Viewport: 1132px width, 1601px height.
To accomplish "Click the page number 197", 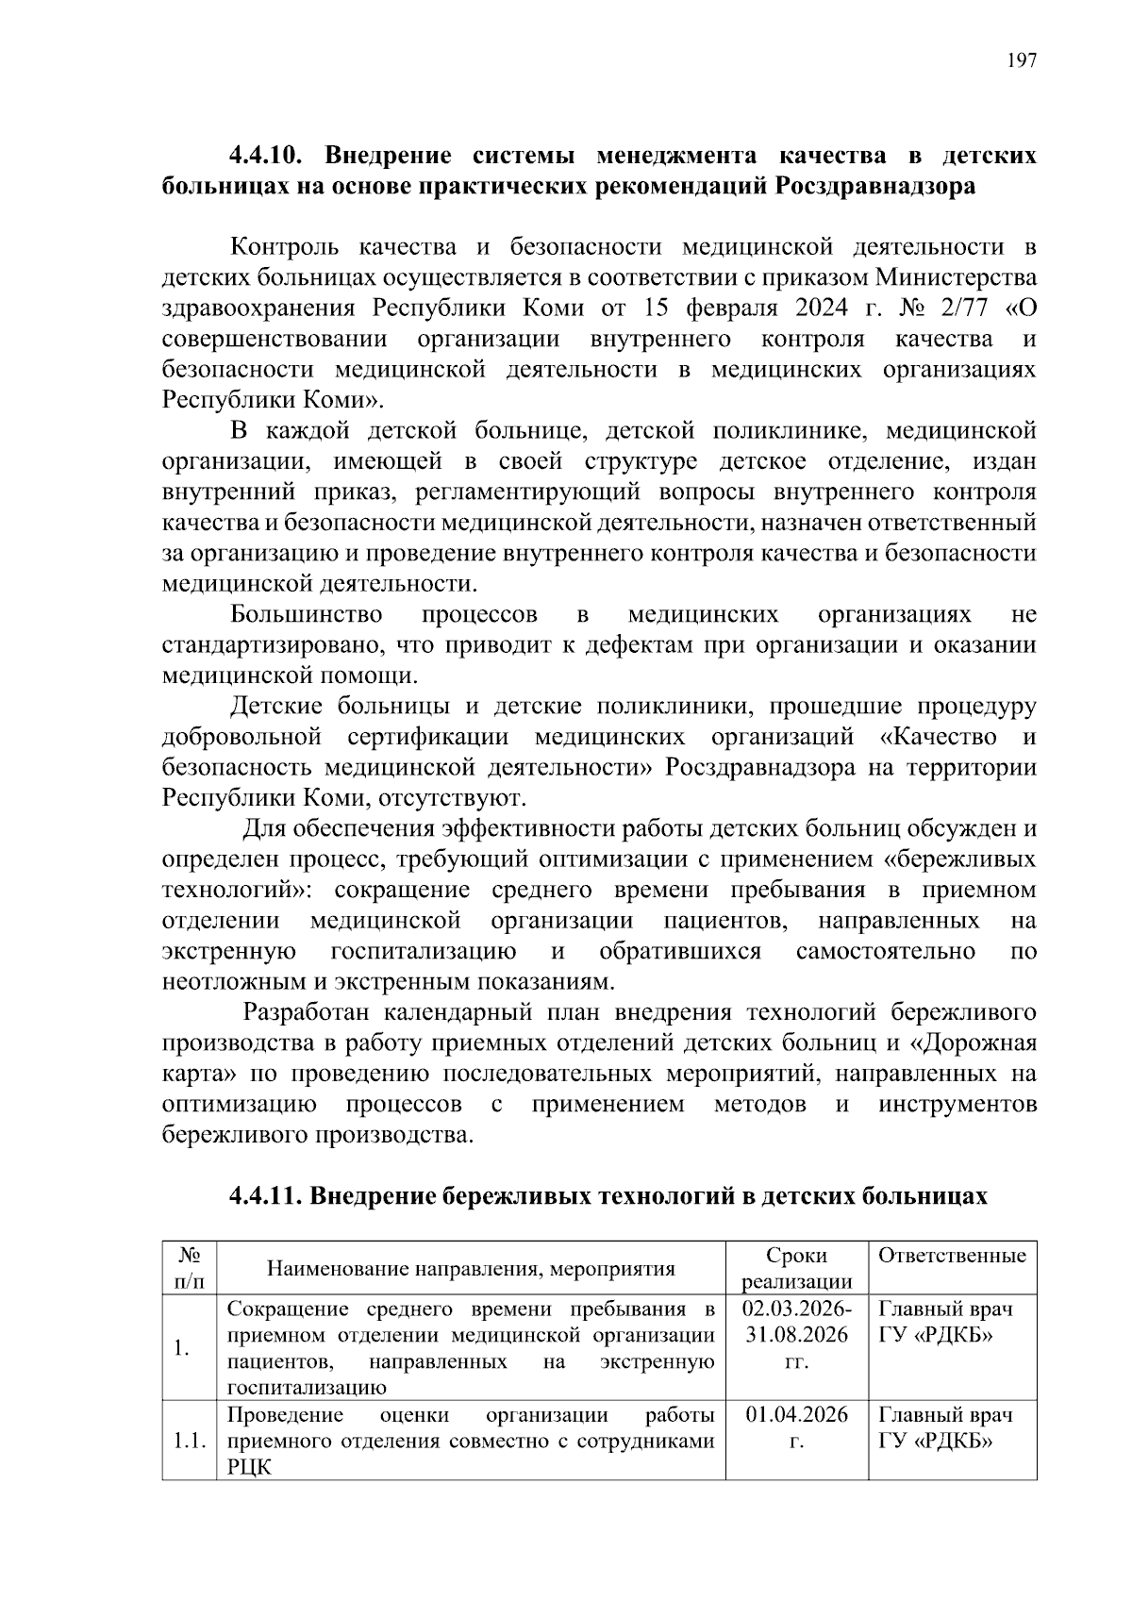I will [x=1022, y=61].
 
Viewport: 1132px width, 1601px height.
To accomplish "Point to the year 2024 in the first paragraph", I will [x=820, y=309].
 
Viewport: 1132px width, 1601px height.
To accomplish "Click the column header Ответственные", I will [x=952, y=1256].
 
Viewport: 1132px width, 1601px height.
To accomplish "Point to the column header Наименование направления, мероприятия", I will [x=471, y=1269].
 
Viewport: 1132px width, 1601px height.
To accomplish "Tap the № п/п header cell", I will [x=189, y=1268].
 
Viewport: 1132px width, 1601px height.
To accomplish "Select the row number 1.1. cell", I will [x=189, y=1443].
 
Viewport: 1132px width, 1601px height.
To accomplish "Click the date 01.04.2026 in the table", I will [x=796, y=1416].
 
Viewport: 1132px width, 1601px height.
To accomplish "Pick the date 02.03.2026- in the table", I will [x=796, y=1309].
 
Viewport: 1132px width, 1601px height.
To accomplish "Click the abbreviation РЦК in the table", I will [x=249, y=1468].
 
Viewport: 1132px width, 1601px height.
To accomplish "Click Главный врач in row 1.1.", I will [x=945, y=1416].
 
